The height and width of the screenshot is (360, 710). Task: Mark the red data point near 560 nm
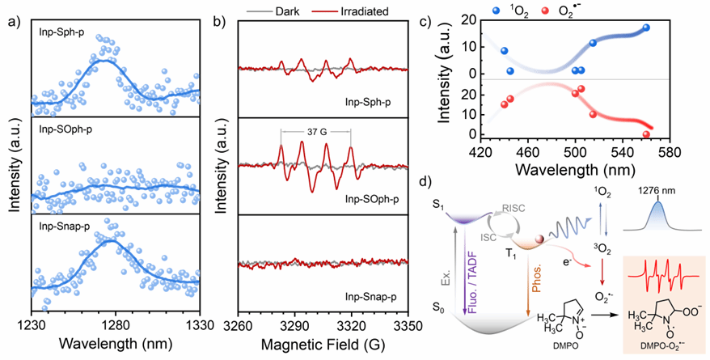pyautogui.click(x=646, y=134)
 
